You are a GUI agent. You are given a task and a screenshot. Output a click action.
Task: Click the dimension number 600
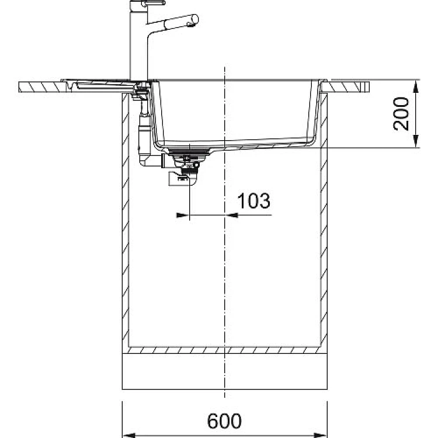pyautogui.click(x=224, y=421)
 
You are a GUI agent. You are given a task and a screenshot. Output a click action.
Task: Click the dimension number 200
pyautogui.click(x=401, y=114)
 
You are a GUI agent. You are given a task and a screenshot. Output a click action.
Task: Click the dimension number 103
pyautogui.click(x=253, y=200)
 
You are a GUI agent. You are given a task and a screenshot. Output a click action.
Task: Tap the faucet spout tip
pyautogui.click(x=193, y=21)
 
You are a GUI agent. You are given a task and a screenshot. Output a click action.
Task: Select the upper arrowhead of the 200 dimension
pyautogui.click(x=416, y=86)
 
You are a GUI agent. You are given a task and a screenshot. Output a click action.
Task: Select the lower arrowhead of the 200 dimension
pyautogui.click(x=416, y=141)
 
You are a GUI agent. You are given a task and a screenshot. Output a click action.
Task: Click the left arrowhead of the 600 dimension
pyautogui.click(x=129, y=435)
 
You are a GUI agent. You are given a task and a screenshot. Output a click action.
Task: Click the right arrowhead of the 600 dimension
pyautogui.click(x=321, y=435)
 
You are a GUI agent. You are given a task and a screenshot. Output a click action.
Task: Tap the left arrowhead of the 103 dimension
pyautogui.click(x=183, y=215)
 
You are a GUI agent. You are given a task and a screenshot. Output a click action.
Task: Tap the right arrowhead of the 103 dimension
pyautogui.click(x=231, y=215)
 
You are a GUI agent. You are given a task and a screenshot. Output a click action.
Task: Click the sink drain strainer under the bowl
pyautogui.click(x=189, y=153)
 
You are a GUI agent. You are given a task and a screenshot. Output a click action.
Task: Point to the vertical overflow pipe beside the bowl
pyautogui.click(x=144, y=131)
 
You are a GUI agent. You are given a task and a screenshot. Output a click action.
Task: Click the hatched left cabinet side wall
pyautogui.click(x=126, y=220)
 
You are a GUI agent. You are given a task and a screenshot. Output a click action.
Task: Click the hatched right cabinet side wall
pyautogui.click(x=324, y=220)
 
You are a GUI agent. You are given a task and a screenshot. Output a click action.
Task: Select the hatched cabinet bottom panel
pyautogui.click(x=225, y=350)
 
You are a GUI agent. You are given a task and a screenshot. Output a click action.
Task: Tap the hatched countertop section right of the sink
pyautogui.click(x=345, y=87)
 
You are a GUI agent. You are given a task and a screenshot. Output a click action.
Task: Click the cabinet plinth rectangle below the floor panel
pyautogui.click(x=225, y=371)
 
